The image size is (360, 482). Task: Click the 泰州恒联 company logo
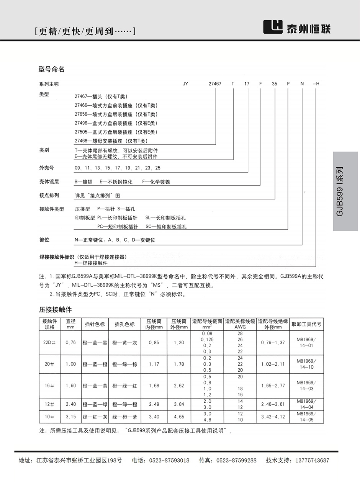[x=296, y=28]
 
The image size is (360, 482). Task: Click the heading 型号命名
[x=52, y=69]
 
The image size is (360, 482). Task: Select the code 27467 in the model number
[x=215, y=84]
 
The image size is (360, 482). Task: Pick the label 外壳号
[x=46, y=168]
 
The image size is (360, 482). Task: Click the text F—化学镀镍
[x=156, y=182]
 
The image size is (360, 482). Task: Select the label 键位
[x=44, y=240]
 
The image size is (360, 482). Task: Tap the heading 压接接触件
[x=55, y=309]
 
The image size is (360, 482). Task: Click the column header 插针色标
[x=95, y=324]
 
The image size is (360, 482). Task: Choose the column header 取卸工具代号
[x=306, y=324]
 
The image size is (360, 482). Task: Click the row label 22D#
[x=50, y=343]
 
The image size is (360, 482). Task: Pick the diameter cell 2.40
[x=71, y=404]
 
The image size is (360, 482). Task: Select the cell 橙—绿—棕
[x=124, y=364]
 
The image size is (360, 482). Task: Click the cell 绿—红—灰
[x=95, y=417]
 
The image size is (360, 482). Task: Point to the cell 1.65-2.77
[x=273, y=386]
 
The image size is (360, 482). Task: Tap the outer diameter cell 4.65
[x=179, y=417]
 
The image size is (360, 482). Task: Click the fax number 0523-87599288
[x=236, y=461]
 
